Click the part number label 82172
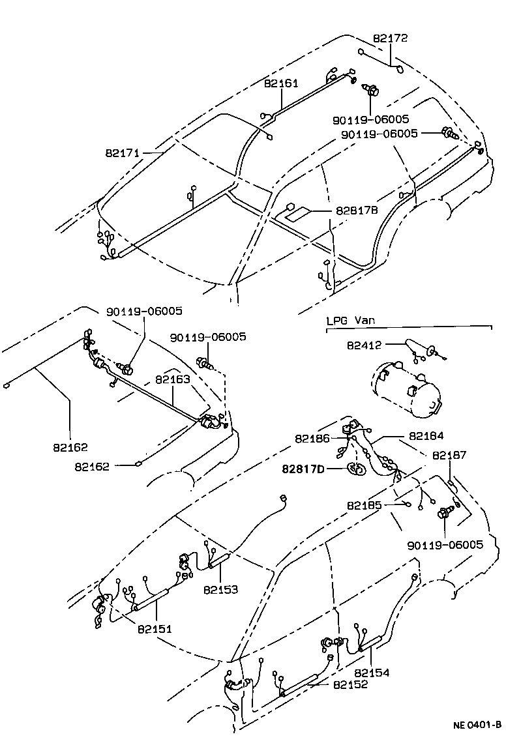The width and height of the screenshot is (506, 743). tap(391, 38)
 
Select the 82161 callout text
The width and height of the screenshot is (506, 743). tap(281, 83)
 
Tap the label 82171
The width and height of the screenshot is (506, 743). tap(123, 153)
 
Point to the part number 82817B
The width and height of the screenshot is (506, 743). tap(357, 211)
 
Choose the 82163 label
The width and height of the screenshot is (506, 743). tap(172, 379)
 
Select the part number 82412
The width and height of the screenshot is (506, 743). tap(365, 345)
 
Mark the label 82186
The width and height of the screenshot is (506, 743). tap(312, 439)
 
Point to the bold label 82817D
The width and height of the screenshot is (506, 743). tap(304, 468)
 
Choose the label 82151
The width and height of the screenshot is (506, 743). tap(155, 628)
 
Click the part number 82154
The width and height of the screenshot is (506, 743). tap(372, 673)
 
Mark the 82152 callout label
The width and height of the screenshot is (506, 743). tap(350, 684)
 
